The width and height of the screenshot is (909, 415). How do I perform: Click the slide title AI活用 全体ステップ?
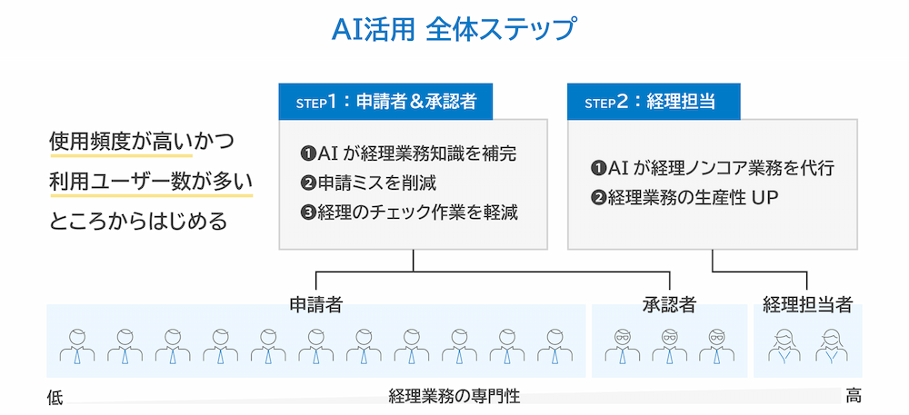coord(454,29)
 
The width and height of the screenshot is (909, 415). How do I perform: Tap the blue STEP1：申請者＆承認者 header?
coord(385,102)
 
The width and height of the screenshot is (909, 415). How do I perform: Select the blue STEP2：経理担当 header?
coord(654,102)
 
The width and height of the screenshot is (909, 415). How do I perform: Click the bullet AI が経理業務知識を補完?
coord(413,153)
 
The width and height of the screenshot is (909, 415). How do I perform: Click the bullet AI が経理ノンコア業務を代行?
coord(713,168)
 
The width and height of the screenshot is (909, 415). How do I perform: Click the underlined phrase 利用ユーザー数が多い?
coord(150,181)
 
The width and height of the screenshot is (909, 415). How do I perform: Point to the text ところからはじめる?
coord(137,221)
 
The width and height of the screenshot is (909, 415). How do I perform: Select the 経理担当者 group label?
coord(807,305)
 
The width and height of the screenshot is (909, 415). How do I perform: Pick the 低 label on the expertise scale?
coord(55,398)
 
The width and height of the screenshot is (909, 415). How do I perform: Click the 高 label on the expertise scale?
coord(853,396)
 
